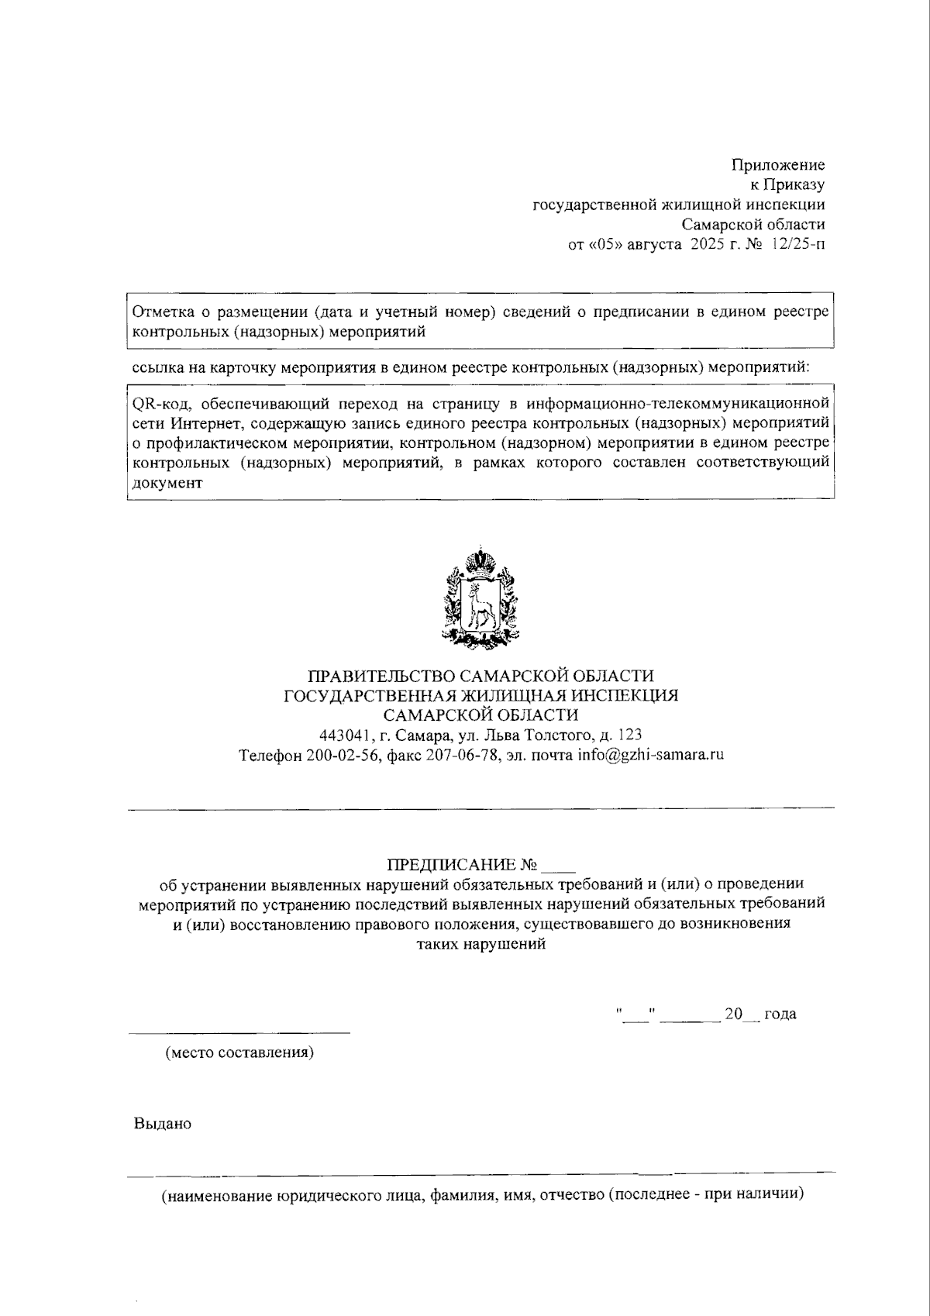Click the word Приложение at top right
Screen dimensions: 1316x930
click(x=778, y=165)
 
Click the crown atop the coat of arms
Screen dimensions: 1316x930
click(x=481, y=560)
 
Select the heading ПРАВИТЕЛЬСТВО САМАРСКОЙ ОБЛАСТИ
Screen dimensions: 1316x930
click(x=480, y=676)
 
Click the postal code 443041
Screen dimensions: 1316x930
click(x=341, y=734)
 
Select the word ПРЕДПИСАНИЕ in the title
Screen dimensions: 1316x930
click(x=450, y=864)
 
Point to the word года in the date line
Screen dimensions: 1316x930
click(x=780, y=1015)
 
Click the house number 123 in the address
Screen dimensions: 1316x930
click(x=630, y=734)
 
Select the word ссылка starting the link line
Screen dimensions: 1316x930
click(x=157, y=367)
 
